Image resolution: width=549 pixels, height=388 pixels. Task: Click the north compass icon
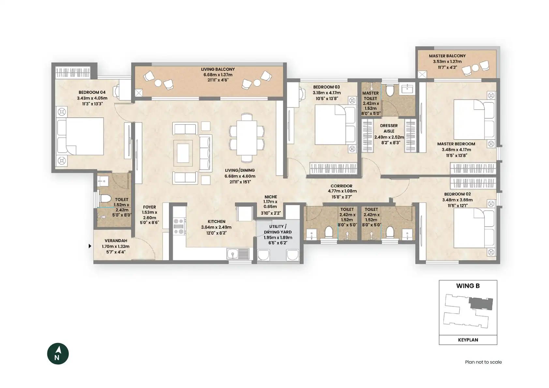pos(58,353)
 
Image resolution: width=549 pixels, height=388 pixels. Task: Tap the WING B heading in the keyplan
pos(468,286)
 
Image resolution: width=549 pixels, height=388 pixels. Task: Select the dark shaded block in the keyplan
pos(481,304)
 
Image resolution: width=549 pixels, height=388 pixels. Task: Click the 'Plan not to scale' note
pos(483,362)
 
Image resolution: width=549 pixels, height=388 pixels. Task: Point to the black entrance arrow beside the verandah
pos(90,246)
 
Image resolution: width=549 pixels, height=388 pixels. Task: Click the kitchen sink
pos(238,254)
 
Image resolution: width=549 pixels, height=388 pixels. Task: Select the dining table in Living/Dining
pos(247,138)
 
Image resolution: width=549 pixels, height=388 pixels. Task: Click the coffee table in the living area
pos(183,153)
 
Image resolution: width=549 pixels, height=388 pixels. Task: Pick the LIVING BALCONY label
pos(218,69)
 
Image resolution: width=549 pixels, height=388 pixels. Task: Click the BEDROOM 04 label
pos(92,92)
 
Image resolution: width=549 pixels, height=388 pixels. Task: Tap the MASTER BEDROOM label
pos(456,144)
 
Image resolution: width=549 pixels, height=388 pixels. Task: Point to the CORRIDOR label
pos(341,186)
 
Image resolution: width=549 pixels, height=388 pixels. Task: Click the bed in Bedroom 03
pos(335,125)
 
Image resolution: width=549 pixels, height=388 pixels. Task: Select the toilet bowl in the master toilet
pos(390,90)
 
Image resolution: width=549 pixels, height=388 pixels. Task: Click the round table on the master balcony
pos(475,68)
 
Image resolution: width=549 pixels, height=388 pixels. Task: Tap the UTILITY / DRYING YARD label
pos(278,229)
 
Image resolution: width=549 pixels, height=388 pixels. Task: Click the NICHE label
pos(271,197)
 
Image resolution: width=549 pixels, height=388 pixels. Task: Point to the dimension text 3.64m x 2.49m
pos(216,227)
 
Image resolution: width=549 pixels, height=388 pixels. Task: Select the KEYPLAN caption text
pos(468,340)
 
